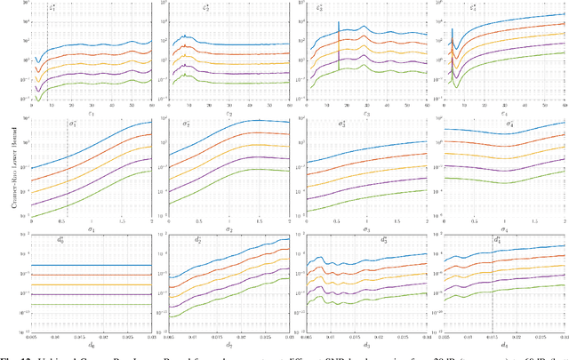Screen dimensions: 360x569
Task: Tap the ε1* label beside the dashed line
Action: point(52,10)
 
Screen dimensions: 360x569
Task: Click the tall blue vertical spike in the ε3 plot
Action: point(339,36)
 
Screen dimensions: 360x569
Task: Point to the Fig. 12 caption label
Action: point(11,356)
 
